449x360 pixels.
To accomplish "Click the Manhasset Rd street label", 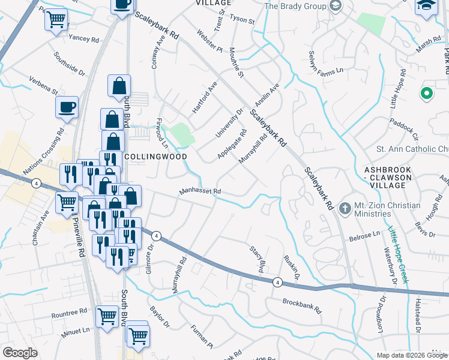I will pyautogui.click(x=201, y=192).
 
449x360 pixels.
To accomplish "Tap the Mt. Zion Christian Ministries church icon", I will pyautogui.click(x=345, y=208).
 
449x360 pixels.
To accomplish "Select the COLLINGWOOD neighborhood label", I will pyautogui.click(x=155, y=156).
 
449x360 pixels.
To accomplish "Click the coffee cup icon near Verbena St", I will pyautogui.click(x=67, y=107).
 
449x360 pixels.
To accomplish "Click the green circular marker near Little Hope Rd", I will pyautogui.click(x=426, y=94).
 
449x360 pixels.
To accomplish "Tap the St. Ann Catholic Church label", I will pyautogui.click(x=412, y=149).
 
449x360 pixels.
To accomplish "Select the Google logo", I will pyautogui.click(x=20, y=353).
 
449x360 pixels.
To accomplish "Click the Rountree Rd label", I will pyautogui.click(x=69, y=313).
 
